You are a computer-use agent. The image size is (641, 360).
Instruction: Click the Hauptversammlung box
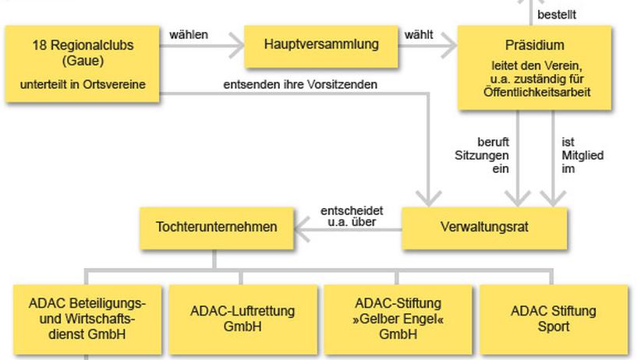pos(321,47)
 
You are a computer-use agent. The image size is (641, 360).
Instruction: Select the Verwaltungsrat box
pos(484,228)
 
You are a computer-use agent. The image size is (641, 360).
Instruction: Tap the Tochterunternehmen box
pos(217,228)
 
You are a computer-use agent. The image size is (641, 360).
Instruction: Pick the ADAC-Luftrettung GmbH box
pos(243,319)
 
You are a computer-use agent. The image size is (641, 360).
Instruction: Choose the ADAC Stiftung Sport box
pos(554,319)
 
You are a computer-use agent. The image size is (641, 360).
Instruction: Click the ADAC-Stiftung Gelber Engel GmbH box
pos(398,319)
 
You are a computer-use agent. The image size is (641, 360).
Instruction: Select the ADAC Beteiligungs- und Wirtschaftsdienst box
pos(87,319)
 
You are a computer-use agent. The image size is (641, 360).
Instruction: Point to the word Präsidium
pos(535,45)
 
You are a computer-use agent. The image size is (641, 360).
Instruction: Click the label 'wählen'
pos(189,35)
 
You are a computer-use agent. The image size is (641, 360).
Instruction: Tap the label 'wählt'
pos(419,35)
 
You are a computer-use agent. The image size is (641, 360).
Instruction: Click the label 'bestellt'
pos(557,15)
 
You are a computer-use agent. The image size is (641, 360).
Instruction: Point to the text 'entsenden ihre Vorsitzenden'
pos(300,85)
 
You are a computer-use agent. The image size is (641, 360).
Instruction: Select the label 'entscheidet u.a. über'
pos(352,216)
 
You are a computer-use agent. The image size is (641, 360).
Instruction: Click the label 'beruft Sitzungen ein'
pos(483,155)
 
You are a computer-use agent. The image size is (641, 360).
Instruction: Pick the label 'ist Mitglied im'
pos(583,155)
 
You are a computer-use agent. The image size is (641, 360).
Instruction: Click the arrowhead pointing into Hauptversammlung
pos(237,46)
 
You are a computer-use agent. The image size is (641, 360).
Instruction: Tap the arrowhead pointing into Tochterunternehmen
pos(302,229)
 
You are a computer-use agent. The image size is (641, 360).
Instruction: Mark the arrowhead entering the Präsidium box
pos(450,46)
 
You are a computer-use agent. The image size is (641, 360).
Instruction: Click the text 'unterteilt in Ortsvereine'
pos(83,85)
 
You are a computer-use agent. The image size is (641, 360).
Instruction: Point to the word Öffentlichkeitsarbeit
pos(537,93)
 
